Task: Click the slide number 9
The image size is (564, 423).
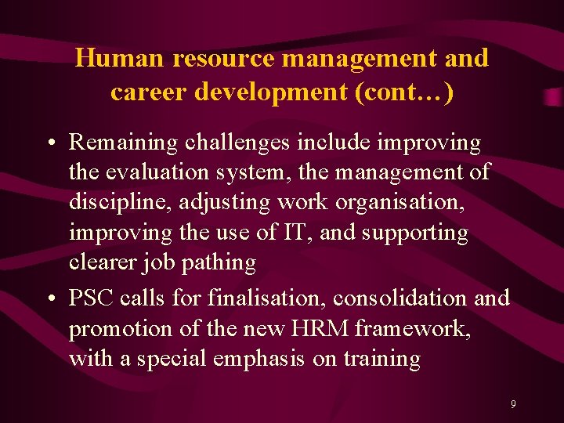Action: point(513,404)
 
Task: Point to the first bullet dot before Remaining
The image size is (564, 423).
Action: point(49,143)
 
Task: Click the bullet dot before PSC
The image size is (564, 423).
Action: point(49,298)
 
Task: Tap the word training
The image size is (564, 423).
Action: point(382,359)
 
